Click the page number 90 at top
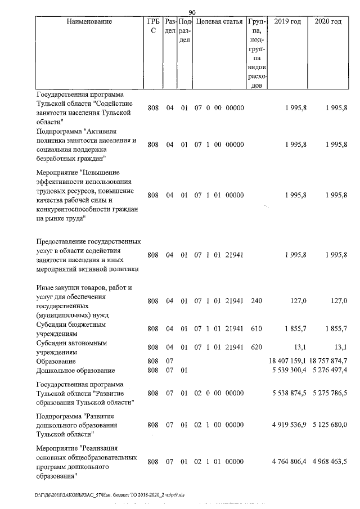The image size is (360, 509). point(192,12)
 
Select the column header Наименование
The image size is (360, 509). point(89,22)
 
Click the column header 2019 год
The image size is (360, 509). point(287,22)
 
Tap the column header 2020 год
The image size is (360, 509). point(328,22)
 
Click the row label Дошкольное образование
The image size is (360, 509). point(75,370)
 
